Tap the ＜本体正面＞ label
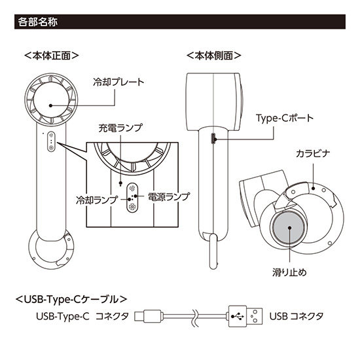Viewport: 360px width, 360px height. (x=51, y=56)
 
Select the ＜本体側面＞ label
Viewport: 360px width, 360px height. (x=213, y=56)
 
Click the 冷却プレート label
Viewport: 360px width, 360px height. (x=118, y=82)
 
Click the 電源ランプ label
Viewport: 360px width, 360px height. (x=168, y=196)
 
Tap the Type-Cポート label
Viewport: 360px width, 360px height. (x=284, y=118)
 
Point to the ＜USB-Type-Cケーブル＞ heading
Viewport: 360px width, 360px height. (x=70, y=299)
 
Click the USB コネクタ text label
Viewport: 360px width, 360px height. (x=297, y=316)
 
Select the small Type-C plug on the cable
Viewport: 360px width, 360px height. (x=145, y=316)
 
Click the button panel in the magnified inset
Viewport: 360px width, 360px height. (x=132, y=194)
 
